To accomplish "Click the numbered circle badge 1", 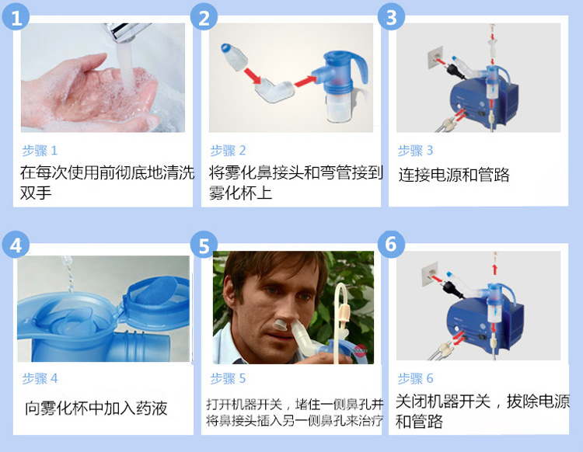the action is click(16, 17).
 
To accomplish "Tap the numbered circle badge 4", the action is click(16, 245).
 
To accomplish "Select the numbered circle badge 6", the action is click(391, 244).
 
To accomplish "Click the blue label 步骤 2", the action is click(228, 151).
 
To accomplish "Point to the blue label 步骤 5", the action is click(228, 378).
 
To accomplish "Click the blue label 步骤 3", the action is click(415, 151).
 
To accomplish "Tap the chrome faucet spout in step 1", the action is click(127, 32).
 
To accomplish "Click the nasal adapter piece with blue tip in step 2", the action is click(234, 56).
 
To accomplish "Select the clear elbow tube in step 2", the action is click(274, 91).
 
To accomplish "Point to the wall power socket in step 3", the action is click(435, 57).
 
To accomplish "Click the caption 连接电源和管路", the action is click(454, 174).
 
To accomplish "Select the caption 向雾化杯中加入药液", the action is click(96, 408).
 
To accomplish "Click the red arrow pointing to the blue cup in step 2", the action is click(305, 81).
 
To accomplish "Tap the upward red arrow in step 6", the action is click(495, 269).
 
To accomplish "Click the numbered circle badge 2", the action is click(204, 17).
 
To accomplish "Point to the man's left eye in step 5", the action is click(303, 296).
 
